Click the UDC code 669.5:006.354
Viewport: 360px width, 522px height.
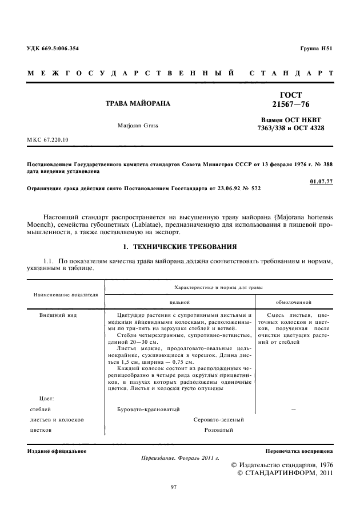(60, 49)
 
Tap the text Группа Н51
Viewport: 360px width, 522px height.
(316, 49)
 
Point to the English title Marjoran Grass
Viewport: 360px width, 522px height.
(138, 125)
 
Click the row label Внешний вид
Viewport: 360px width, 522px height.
(58, 315)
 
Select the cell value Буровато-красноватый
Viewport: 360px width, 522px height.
(149, 409)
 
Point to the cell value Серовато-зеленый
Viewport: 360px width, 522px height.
(215, 420)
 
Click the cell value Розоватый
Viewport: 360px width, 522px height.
(215, 430)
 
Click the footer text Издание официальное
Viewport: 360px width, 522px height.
(57, 451)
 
